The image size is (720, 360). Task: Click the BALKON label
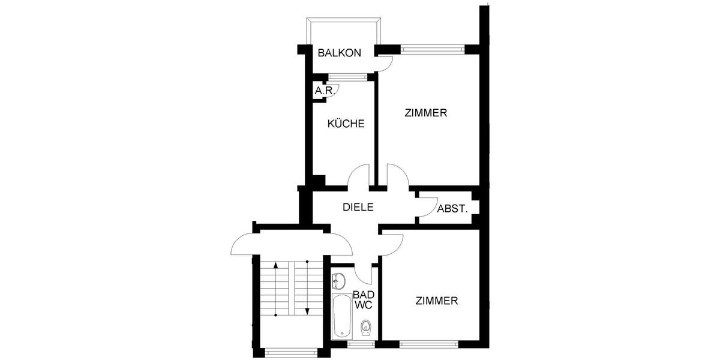tap(340, 53)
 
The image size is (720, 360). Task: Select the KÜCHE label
tap(346, 124)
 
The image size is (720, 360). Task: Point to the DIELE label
tap(358, 207)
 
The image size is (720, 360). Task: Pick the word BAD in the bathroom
tap(364, 295)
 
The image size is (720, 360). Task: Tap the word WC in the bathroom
tap(364, 305)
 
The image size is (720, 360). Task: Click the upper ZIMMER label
tap(426, 112)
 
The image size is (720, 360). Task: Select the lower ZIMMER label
tap(437, 301)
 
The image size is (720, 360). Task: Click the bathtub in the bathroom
tap(341, 316)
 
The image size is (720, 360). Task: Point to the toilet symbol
tap(365, 327)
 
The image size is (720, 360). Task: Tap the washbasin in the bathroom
tap(339, 280)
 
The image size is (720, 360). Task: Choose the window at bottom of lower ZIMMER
tap(428, 344)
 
